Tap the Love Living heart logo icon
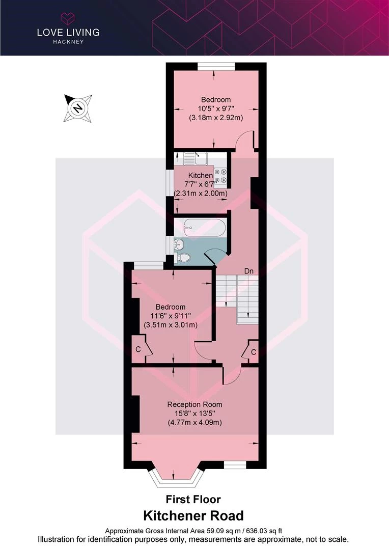coord(68,18)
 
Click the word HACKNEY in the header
coord(68,41)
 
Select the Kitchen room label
coord(201,175)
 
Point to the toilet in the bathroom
coord(184,258)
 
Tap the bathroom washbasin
coord(179,244)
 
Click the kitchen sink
coord(196,158)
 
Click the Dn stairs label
coord(248,271)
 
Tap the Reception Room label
coord(194,404)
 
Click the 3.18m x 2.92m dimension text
coord(216,118)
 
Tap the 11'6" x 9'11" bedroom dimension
coord(171,316)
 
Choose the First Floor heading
coord(193,499)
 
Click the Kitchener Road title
coord(193,516)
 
